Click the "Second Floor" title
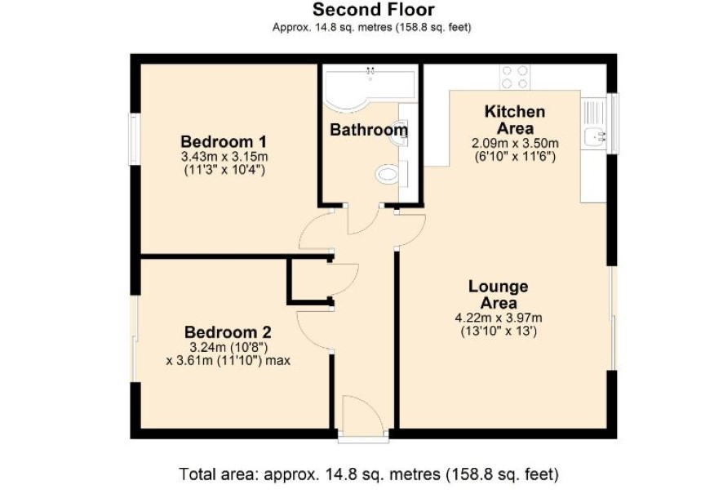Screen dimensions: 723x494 pos(374,10)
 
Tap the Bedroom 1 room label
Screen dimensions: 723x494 pos(224,141)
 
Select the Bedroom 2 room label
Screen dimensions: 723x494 pos(228,332)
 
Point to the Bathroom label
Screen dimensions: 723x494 pos(369,130)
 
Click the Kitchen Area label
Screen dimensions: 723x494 pos(515,119)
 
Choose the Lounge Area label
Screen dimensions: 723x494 pos(499,294)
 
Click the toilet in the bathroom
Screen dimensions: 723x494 pos(387,175)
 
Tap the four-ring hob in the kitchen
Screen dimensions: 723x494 pos(515,77)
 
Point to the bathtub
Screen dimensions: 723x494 pos(369,87)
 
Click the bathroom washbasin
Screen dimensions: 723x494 pos(402,133)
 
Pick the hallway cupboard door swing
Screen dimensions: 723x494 pos(354,282)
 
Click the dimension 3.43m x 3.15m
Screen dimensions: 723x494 pos(224,156)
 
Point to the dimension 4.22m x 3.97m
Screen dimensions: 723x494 pos(499,318)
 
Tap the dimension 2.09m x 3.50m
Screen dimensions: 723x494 pos(515,143)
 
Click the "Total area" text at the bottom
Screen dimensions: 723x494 pos(369,474)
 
